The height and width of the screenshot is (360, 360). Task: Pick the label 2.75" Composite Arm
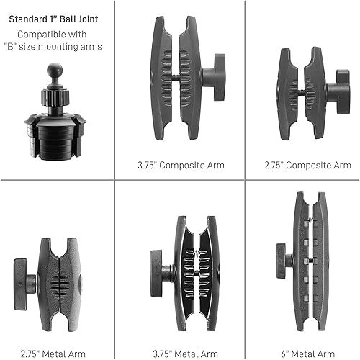click(302, 165)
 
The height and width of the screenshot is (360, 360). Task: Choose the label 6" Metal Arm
click(302, 333)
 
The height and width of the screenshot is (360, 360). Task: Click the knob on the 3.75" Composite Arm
click(213, 78)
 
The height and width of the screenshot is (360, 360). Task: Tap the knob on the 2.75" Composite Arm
click(336, 91)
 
